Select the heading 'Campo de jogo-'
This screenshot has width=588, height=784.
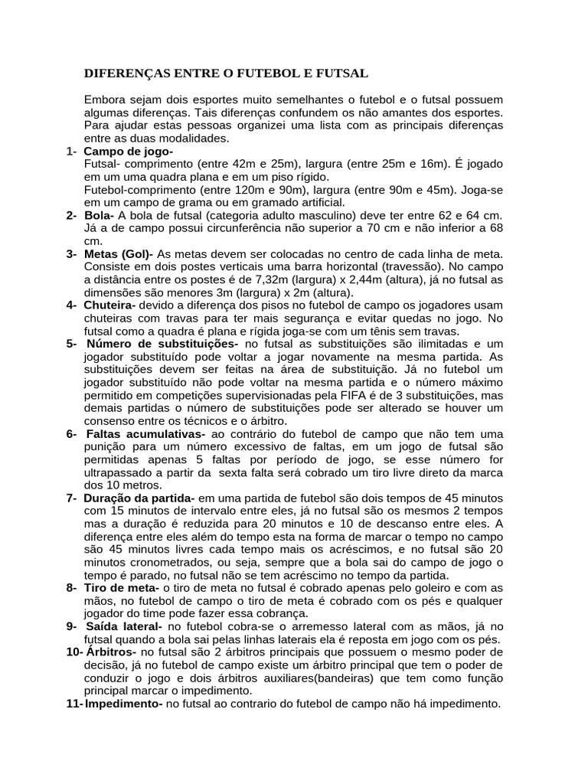tap(129, 152)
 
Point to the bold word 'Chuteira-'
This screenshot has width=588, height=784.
tap(110, 305)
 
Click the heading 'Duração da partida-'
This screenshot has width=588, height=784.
tap(140, 498)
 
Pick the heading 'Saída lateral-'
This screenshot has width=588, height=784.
tap(123, 626)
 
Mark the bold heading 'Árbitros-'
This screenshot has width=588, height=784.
tap(111, 652)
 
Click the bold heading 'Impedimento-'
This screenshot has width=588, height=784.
tap(123, 704)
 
